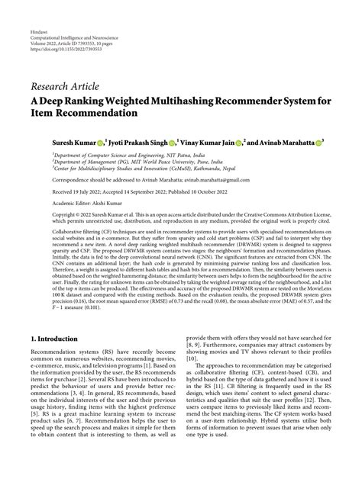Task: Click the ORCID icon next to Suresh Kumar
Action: (x=102, y=141)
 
